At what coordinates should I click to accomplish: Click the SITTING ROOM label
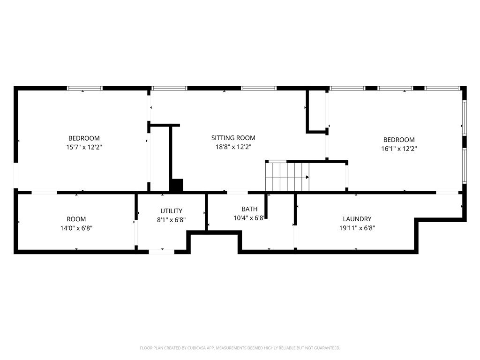(x=233, y=138)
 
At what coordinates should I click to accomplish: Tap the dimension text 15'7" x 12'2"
(x=84, y=147)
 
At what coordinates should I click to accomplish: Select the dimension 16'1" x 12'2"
(x=399, y=149)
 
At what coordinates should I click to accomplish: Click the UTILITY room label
(x=171, y=211)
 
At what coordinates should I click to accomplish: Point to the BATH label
(x=249, y=209)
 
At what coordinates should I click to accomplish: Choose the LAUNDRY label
(x=357, y=219)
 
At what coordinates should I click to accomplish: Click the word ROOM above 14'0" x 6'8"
(x=76, y=219)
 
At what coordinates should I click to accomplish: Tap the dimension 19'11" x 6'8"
(x=357, y=228)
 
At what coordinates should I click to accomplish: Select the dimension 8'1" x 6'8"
(x=171, y=220)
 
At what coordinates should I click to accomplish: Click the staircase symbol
(x=287, y=177)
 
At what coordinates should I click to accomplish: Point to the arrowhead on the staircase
(x=307, y=177)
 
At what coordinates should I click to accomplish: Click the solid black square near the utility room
(x=176, y=186)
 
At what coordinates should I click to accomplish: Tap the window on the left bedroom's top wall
(x=85, y=88)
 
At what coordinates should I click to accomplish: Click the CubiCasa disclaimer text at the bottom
(x=240, y=348)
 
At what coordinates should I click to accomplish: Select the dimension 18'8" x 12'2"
(x=233, y=147)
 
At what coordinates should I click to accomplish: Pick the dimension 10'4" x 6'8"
(x=249, y=218)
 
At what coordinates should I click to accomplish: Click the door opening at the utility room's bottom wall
(x=162, y=252)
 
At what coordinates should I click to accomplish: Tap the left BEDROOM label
(x=84, y=138)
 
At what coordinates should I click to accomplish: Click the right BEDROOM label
(x=399, y=140)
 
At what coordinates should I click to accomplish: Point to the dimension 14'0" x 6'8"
(x=76, y=228)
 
